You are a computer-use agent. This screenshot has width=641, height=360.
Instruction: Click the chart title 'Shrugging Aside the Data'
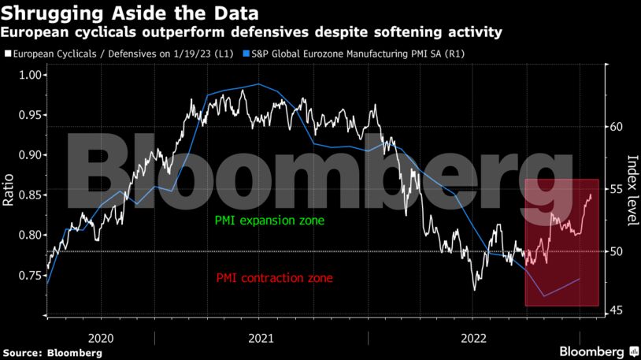[130, 13]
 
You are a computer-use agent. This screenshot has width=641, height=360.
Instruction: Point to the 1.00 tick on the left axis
[31, 75]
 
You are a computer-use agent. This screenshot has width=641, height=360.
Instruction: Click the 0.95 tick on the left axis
[31, 115]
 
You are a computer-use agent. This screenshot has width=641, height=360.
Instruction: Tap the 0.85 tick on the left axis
[31, 195]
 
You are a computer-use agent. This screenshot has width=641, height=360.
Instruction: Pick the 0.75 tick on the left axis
[31, 275]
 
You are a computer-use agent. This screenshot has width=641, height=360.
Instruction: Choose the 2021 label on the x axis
[260, 337]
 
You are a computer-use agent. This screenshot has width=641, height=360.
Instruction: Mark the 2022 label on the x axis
[472, 337]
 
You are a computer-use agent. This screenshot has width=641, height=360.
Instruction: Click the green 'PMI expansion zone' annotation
[269, 221]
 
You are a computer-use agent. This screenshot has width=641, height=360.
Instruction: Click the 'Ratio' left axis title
[9, 190]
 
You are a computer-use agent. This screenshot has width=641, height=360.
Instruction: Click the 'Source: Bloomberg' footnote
[52, 352]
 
